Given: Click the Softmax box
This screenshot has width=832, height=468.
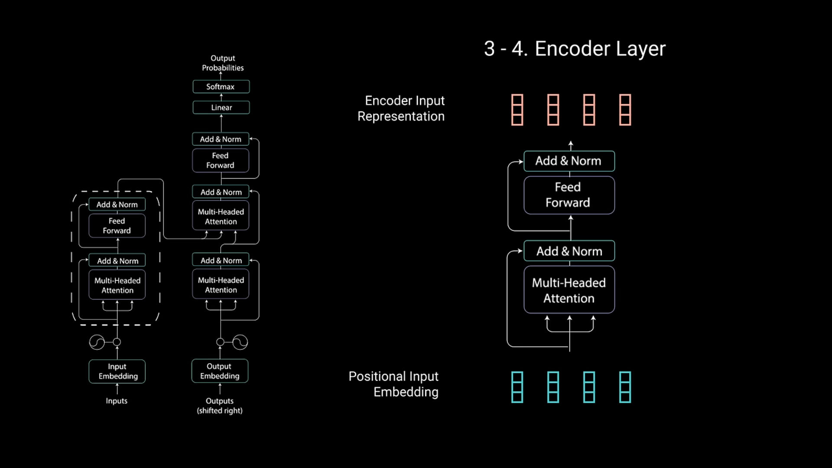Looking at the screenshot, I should point(221,87).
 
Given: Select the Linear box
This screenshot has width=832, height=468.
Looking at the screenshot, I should point(221,107).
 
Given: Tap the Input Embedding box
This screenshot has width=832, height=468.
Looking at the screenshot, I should point(117,371).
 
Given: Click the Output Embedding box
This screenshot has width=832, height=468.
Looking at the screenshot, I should point(220,371).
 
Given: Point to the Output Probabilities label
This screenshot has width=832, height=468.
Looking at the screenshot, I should point(223,63).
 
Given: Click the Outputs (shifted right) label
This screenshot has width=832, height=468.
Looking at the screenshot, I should point(220,406).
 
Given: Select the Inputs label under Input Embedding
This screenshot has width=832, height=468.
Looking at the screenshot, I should point(117,401).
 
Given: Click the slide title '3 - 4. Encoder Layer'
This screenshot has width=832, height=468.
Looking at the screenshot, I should point(575,49).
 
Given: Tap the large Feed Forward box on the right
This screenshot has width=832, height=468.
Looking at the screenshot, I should point(569,195).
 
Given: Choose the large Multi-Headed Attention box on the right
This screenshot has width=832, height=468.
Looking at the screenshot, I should point(569,290).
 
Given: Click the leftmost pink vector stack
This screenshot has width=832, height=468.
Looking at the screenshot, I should point(517,110).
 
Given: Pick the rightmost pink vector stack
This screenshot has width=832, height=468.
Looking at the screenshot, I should point(625,110).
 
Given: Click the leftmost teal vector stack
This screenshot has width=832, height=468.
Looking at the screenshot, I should point(517,387).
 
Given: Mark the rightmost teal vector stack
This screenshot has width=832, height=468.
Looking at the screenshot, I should point(625,387).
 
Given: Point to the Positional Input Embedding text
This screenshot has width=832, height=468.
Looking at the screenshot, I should point(394,384).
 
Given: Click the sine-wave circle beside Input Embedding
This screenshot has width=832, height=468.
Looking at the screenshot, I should point(97,342).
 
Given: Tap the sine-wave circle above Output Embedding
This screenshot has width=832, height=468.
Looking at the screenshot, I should point(240,342).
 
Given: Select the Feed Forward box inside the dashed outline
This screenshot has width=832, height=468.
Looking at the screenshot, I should point(117,226).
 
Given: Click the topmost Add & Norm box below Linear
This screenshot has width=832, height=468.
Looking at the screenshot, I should point(221,139).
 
